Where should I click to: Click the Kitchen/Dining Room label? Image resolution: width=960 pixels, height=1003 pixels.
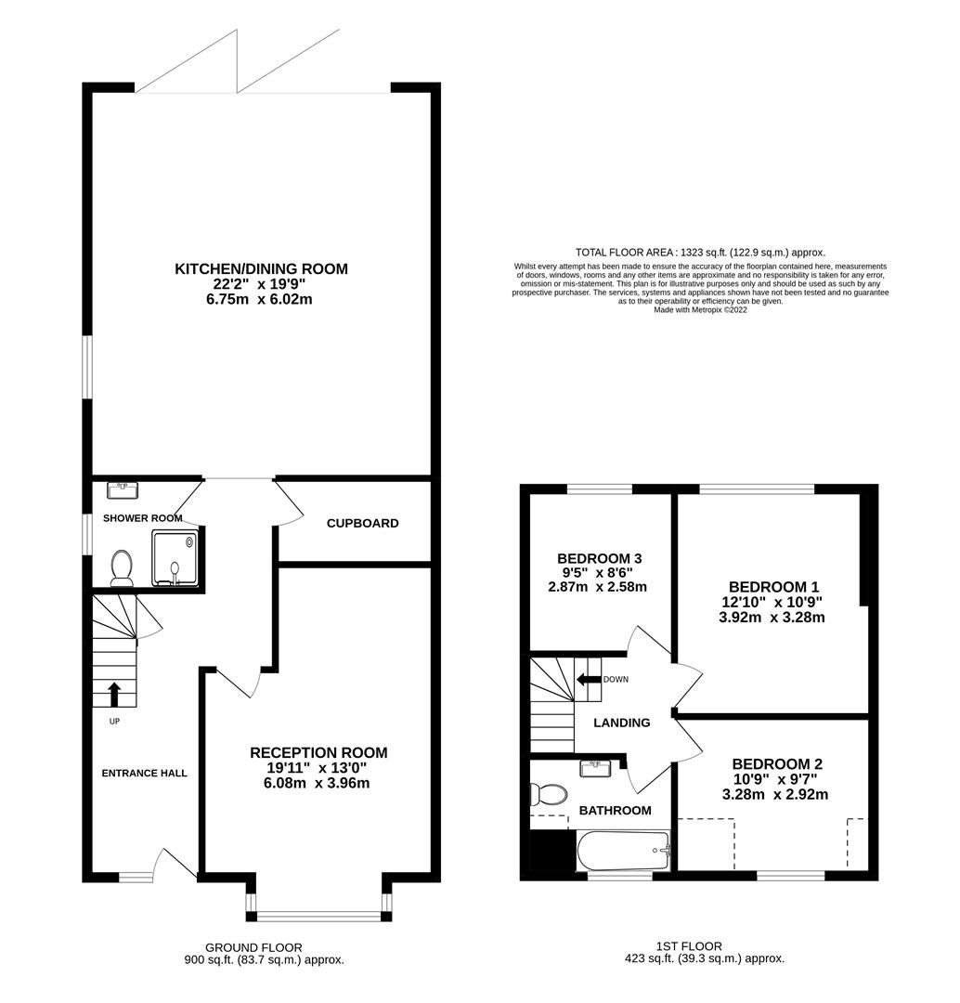click(261, 269)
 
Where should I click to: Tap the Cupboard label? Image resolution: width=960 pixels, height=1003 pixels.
click(362, 523)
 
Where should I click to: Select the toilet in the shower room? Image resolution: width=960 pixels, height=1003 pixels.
click(121, 567)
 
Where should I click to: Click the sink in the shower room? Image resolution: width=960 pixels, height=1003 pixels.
click(122, 489)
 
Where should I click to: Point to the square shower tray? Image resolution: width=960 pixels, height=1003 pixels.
click(175, 558)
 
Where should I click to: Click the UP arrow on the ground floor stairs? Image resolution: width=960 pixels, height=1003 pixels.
click(114, 694)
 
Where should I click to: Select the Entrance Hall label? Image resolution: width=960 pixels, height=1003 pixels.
click(144, 773)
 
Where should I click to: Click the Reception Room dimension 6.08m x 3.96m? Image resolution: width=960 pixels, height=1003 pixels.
click(317, 783)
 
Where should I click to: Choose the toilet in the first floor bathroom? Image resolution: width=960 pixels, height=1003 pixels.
click(548, 794)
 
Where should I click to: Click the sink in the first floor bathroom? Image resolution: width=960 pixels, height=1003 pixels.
click(594, 769)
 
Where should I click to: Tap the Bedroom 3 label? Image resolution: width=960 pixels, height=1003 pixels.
click(600, 558)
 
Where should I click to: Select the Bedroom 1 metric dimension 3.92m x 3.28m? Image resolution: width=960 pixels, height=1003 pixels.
click(772, 617)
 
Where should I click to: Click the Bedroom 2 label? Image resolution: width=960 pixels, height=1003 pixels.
click(776, 763)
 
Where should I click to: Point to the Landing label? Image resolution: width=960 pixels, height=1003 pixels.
click(621, 723)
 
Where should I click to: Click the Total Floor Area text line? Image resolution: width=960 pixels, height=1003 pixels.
click(700, 252)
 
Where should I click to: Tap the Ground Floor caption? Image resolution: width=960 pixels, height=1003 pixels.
click(262, 946)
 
